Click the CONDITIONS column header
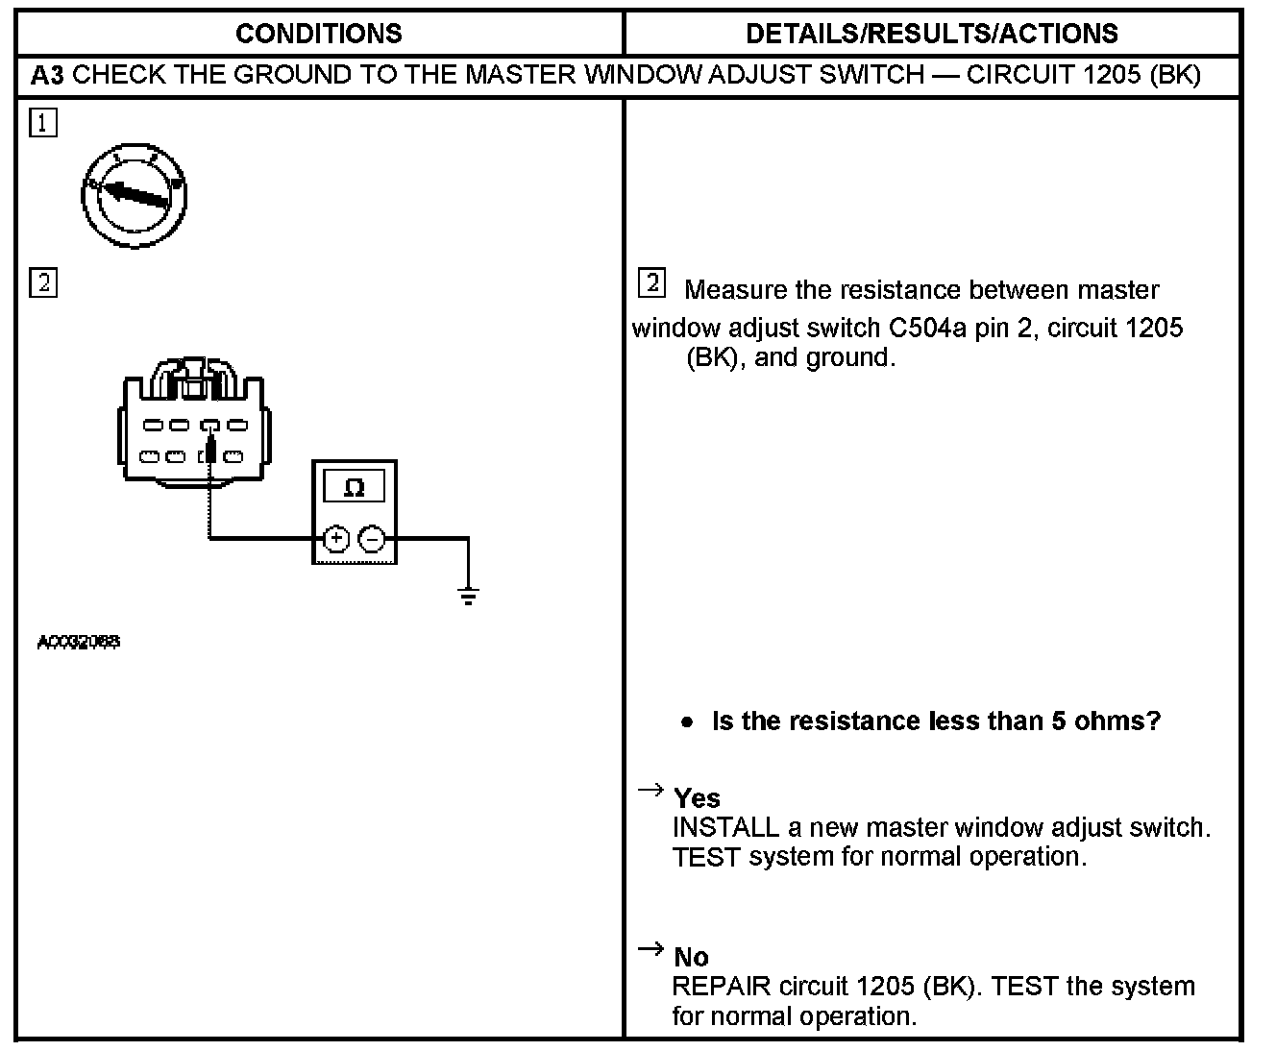[318, 34]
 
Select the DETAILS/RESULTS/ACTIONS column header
[931, 34]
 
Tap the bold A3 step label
[47, 75]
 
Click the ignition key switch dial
[134, 196]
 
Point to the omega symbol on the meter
[354, 487]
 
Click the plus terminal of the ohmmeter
[335, 539]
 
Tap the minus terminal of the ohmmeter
[372, 539]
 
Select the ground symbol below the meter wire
[468, 597]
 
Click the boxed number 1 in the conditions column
[43, 123]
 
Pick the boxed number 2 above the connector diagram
[43, 283]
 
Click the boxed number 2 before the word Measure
[651, 283]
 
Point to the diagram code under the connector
[79, 642]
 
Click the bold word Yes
[697, 798]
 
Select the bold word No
[691, 957]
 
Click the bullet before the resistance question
[686, 721]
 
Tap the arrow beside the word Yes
[650, 790]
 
